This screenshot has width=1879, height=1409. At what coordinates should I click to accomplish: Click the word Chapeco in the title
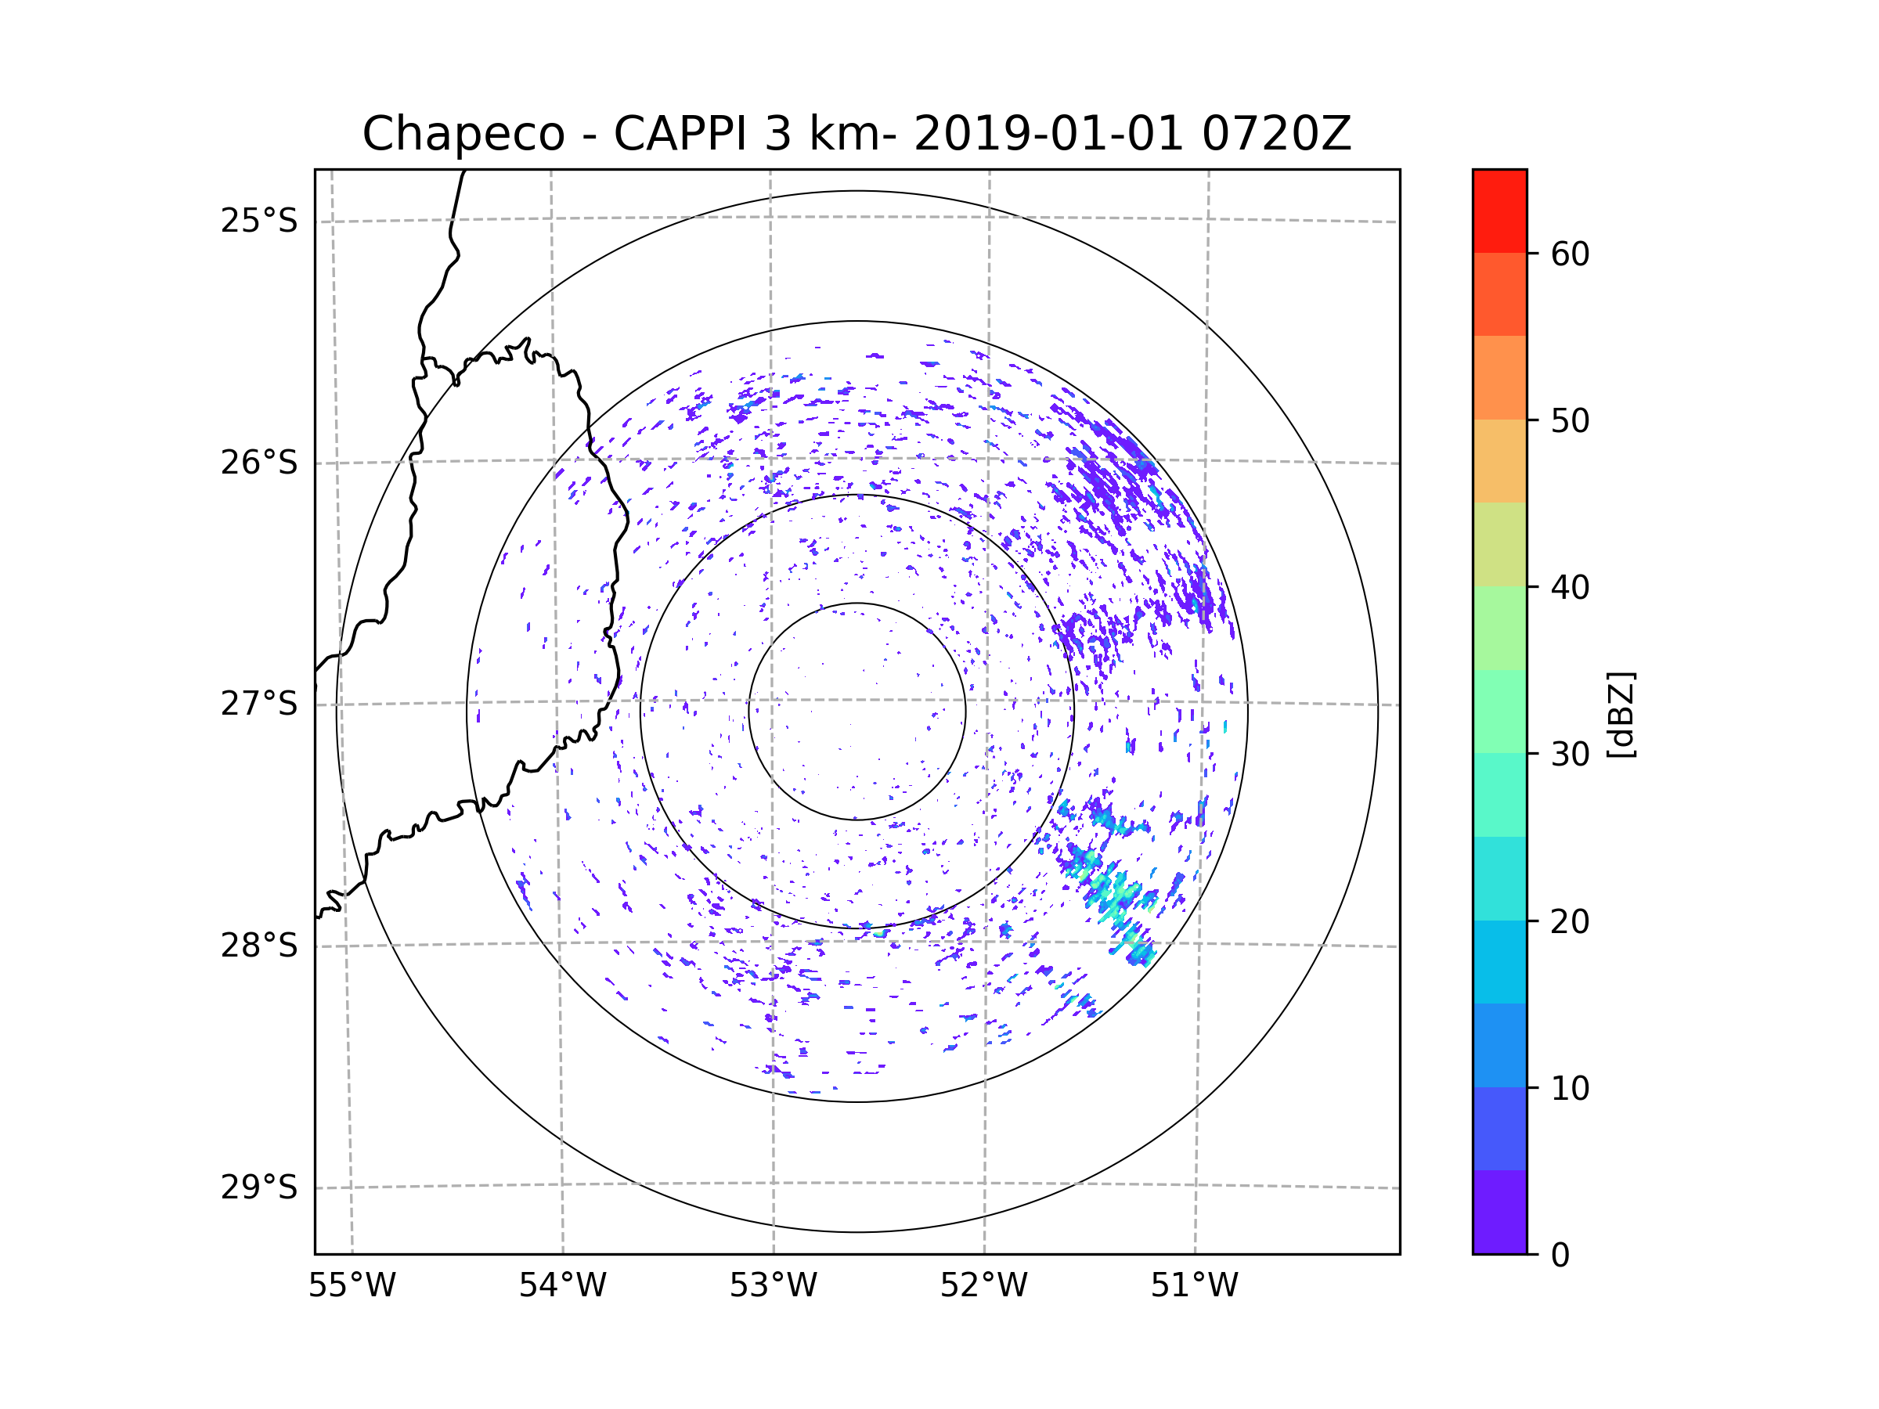coord(463,134)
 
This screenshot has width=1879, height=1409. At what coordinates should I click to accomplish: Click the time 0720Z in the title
coord(1276,134)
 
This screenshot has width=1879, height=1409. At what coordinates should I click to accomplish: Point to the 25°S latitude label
coord(259,221)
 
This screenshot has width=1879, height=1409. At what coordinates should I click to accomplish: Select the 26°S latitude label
coord(259,463)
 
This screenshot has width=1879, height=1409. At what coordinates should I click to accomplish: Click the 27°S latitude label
coord(259,704)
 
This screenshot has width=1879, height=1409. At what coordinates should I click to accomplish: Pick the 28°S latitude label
coord(259,946)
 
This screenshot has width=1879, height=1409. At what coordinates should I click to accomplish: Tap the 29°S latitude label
coord(259,1187)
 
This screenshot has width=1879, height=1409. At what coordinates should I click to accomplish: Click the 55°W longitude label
coord(352,1286)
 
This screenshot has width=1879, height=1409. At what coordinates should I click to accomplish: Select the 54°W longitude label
coord(562,1286)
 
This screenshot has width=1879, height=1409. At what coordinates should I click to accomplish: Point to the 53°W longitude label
coord(773,1286)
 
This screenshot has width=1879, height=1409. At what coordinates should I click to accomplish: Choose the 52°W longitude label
coord(983,1286)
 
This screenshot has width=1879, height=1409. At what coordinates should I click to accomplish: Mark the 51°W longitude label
coord(1194,1286)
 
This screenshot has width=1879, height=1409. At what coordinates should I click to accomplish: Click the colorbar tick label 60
coord(1570,254)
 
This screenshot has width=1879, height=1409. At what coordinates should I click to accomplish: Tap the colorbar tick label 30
coord(1570,754)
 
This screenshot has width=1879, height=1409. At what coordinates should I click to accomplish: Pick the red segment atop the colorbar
coord(1499,211)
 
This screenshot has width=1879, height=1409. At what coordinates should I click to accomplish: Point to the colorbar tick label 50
coord(1570,420)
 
